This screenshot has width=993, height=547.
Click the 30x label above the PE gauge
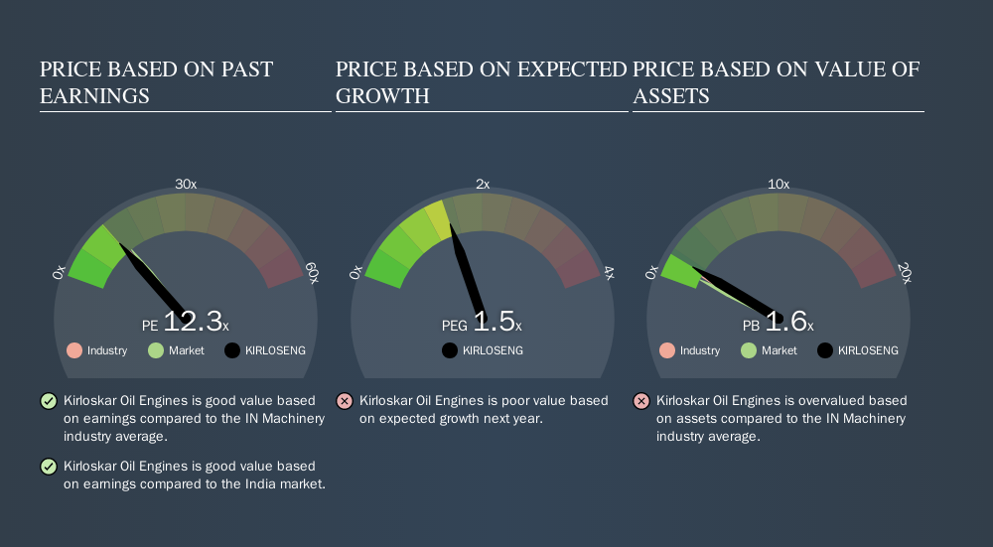[186, 185]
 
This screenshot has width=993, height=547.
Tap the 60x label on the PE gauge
[312, 273]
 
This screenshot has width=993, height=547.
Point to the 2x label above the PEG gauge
[483, 185]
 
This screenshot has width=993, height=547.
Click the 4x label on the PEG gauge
[609, 273]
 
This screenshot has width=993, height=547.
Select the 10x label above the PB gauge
[779, 185]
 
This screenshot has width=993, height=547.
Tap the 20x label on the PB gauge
[905, 273]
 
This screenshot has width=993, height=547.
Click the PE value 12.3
[194, 321]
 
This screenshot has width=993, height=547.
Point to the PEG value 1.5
[494, 321]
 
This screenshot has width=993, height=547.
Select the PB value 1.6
[785, 321]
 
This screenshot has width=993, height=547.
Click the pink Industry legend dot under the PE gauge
[74, 350]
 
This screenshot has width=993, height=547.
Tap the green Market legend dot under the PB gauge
[749, 350]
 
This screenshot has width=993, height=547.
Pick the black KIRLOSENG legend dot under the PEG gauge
[450, 350]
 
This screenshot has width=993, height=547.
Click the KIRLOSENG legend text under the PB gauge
[868, 350]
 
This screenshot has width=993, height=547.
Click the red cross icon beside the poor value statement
[345, 401]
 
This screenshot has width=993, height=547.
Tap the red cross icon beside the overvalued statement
[641, 401]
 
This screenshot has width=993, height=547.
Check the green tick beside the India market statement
[49, 467]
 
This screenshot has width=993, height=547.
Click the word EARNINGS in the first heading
[95, 96]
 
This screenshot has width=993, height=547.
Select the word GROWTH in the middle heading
[382, 96]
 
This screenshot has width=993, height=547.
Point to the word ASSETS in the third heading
[670, 96]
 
